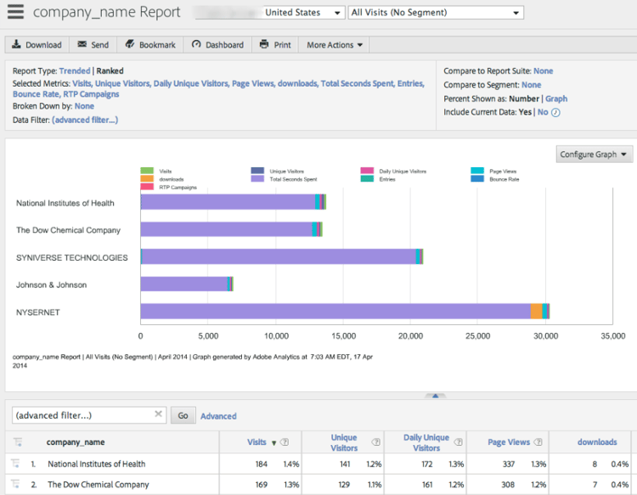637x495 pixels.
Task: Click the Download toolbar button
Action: point(37,45)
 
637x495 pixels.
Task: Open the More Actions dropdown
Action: point(335,45)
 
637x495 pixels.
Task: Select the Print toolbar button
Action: point(275,45)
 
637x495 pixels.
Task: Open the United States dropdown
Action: point(302,13)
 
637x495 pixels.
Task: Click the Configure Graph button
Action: point(595,155)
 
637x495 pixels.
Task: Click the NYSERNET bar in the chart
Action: point(340,312)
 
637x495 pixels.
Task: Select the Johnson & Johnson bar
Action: point(185,284)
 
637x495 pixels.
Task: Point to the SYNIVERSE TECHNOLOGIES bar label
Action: point(72,257)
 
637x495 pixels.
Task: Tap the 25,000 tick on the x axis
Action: point(478,336)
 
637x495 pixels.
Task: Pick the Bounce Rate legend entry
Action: point(501,179)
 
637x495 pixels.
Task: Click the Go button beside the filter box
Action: point(183,415)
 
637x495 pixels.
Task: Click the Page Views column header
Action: point(509,442)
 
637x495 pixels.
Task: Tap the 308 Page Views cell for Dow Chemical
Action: point(507,485)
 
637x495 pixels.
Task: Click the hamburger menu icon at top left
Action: point(15,13)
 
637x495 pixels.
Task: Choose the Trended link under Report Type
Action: point(74,71)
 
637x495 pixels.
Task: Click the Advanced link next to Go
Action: point(218,416)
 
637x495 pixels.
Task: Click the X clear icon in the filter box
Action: point(158,414)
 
